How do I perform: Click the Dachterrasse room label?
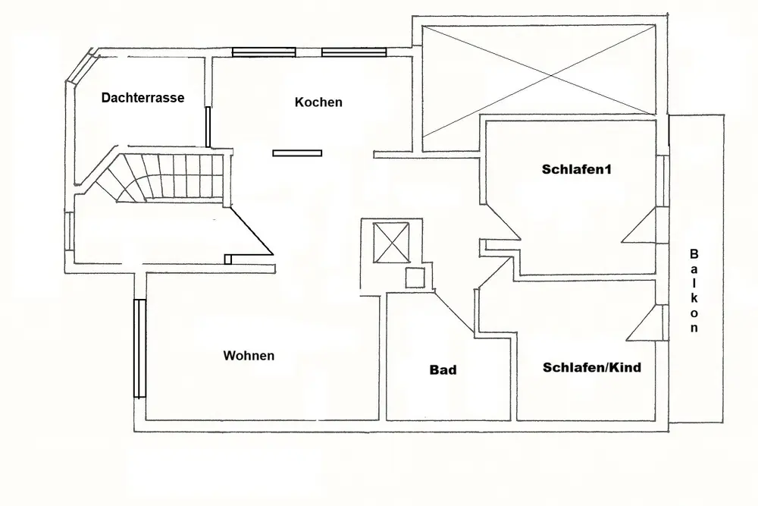(x=143, y=98)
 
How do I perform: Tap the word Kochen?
(x=318, y=102)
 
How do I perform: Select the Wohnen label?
(x=249, y=355)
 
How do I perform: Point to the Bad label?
(x=443, y=370)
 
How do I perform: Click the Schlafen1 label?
(x=576, y=169)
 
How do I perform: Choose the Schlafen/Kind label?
(x=592, y=368)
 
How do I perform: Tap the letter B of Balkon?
(x=694, y=254)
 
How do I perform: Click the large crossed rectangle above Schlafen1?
(x=538, y=80)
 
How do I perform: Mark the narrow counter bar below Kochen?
(x=298, y=153)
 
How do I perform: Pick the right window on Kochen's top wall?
(x=354, y=52)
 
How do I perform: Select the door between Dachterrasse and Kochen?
(x=207, y=127)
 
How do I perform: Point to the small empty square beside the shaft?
(x=415, y=278)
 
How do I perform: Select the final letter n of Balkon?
(x=694, y=328)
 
